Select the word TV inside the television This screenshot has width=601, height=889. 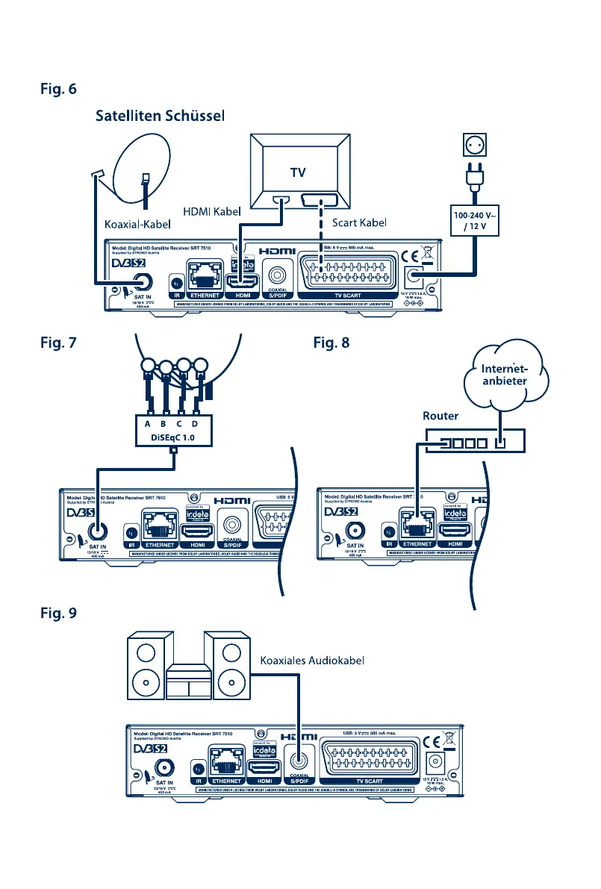(299, 171)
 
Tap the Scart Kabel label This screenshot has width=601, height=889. (362, 222)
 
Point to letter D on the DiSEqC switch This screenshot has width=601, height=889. (196, 424)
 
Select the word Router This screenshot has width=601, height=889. (441, 415)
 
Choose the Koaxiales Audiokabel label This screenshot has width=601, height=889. (311, 661)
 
